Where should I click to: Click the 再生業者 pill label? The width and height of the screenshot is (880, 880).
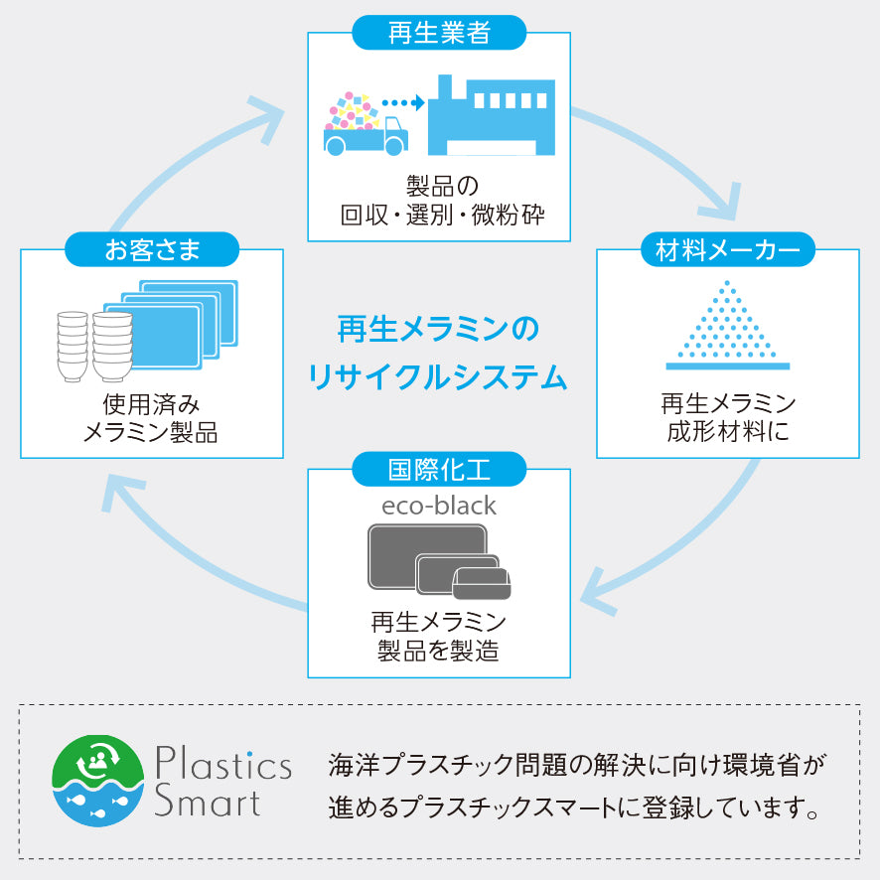point(439,33)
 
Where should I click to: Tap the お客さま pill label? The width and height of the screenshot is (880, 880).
point(152,249)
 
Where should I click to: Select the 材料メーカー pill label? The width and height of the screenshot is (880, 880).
point(727,249)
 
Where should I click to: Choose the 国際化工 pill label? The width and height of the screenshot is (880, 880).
point(439,468)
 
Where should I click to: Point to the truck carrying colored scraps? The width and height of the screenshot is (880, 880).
point(364,127)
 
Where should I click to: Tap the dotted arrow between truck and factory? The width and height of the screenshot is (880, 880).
point(402,101)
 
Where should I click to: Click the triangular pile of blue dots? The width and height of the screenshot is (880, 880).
point(727,324)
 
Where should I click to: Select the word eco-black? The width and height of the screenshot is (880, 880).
point(439,506)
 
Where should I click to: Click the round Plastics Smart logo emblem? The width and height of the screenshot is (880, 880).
point(96,782)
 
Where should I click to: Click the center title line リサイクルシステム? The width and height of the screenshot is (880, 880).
point(438,377)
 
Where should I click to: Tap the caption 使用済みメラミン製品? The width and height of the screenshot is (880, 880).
point(151,419)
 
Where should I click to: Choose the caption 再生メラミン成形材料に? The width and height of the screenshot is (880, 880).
point(728,418)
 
